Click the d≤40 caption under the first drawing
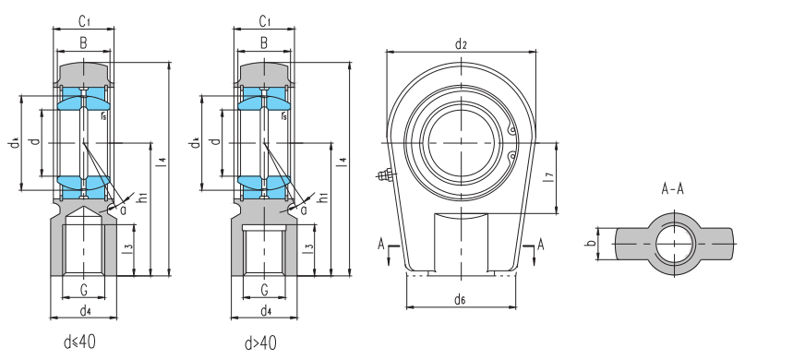79,342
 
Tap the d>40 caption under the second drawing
261,343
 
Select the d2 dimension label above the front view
461,44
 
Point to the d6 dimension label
459,300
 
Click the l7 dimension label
549,177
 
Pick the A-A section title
673,189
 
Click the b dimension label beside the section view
589,243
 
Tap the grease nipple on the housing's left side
387,175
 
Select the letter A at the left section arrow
381,245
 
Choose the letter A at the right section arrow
541,245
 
